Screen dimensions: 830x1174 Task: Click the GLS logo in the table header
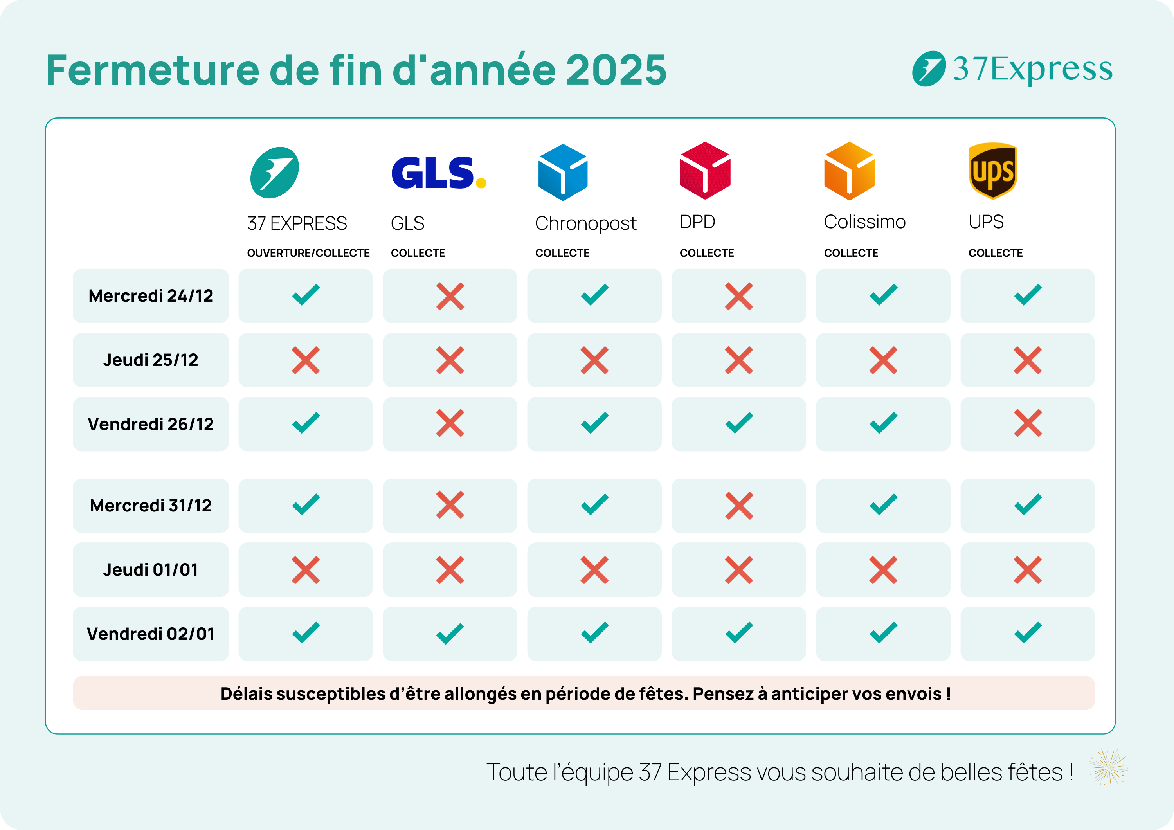click(x=438, y=173)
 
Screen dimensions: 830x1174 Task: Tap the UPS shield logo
click(x=993, y=171)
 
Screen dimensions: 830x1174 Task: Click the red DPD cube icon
click(x=705, y=171)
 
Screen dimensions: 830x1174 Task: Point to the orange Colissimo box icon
click(x=849, y=171)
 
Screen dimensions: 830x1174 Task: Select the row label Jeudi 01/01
click(x=151, y=570)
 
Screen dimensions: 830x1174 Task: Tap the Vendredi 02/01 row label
click(x=151, y=634)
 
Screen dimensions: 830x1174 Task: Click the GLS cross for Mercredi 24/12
click(x=450, y=296)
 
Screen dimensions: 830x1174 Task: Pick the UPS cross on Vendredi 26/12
click(x=1027, y=423)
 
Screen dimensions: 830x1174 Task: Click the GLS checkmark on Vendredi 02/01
click(x=450, y=634)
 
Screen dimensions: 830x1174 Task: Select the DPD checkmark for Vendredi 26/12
click(x=739, y=423)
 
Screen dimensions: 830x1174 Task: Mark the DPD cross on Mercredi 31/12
click(x=739, y=506)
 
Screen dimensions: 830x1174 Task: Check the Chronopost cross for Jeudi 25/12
click(x=594, y=360)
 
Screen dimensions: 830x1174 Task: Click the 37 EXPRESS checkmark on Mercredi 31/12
click(x=306, y=505)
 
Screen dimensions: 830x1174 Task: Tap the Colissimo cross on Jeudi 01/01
click(x=883, y=570)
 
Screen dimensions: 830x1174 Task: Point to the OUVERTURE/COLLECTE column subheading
click(x=308, y=253)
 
